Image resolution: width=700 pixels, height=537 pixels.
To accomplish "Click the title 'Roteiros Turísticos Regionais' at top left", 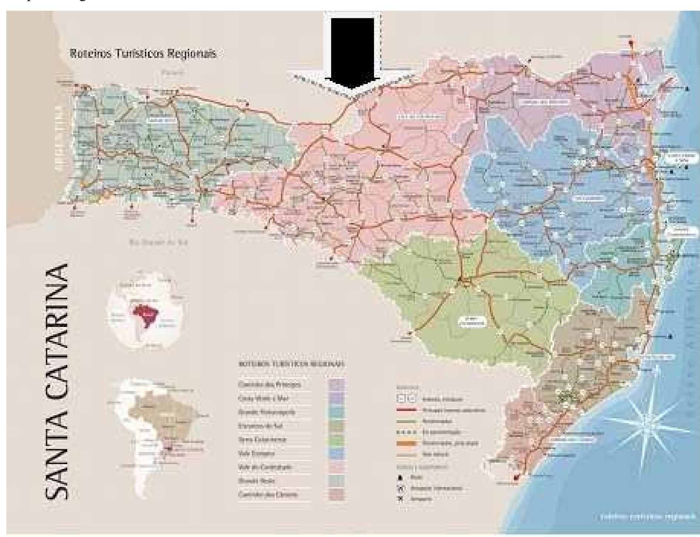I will pos(143,54).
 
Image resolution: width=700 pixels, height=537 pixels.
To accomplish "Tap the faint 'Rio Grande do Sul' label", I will pos(159,243).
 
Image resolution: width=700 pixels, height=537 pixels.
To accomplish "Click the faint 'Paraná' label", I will pos(172,72).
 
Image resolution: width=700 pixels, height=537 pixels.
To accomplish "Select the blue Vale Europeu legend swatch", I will pos(336,454).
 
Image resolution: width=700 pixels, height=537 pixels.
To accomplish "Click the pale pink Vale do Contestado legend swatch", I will pos(336,467).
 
